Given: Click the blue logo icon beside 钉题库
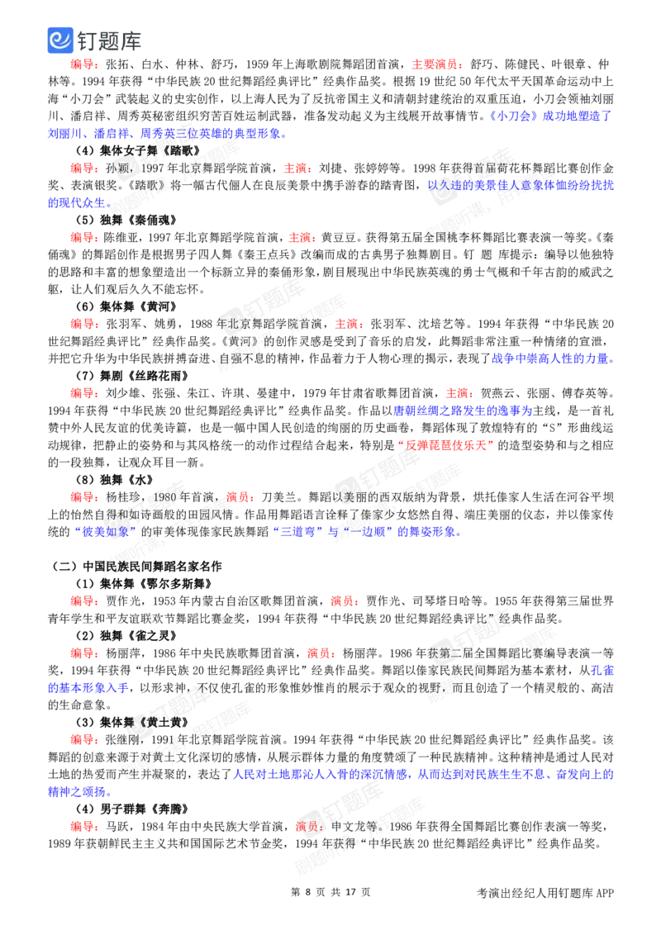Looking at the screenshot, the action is coord(60,40).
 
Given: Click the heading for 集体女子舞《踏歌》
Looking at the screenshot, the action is coord(138,151).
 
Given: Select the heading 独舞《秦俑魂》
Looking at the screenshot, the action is coord(126,220).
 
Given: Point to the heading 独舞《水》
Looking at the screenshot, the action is coord(115,479).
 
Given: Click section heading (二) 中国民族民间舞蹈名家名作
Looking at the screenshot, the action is coord(136,566).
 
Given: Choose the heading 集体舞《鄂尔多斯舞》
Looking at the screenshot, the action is coord(144,583).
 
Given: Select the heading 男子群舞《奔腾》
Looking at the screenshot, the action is coord(132,809).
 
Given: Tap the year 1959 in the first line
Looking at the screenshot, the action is coord(257,64).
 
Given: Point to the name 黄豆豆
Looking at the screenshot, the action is coord(339,237).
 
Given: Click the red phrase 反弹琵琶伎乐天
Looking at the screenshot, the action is coord(445,445).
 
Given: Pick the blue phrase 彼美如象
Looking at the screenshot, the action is coord(105,531).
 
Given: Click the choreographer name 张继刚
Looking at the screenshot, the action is coord(123,739).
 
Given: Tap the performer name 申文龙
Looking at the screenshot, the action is coord(349,826).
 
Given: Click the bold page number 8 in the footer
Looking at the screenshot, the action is coord(308,892).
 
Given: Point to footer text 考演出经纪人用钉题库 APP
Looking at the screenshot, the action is coord(545,893).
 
